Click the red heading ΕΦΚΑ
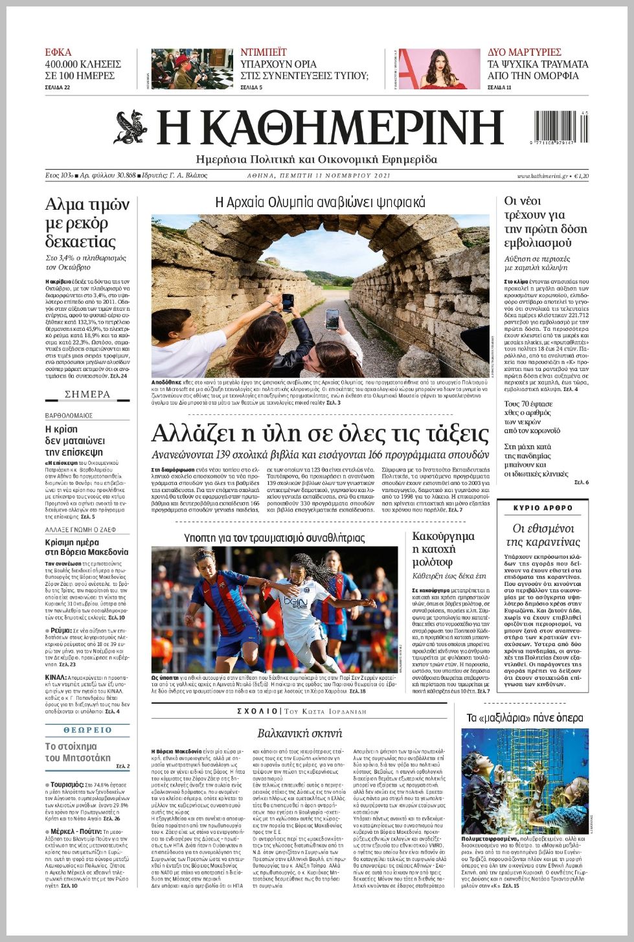(58, 52)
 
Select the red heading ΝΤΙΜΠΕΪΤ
(264, 52)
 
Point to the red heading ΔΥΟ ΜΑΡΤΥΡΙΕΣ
(525, 52)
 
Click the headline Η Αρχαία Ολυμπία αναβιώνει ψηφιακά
(320, 203)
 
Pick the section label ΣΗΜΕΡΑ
(87, 394)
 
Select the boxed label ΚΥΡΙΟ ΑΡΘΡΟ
(543, 508)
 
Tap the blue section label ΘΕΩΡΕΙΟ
(87, 730)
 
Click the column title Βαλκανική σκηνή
(299, 734)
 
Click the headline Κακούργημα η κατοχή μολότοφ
(444, 549)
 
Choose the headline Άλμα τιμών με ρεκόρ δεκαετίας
(87, 223)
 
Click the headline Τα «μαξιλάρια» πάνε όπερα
(525, 718)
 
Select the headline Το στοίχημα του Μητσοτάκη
(78, 752)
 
